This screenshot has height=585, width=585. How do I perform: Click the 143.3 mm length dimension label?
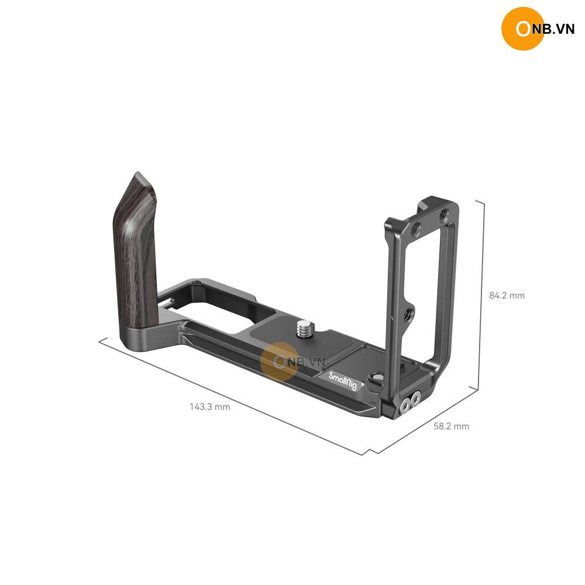click(x=209, y=407)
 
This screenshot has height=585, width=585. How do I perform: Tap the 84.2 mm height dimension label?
click(x=507, y=295)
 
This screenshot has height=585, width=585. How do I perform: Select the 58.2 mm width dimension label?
click(x=452, y=426)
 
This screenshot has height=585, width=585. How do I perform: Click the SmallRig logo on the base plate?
click(x=342, y=380)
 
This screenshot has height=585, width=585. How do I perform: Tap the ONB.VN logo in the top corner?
click(x=538, y=28)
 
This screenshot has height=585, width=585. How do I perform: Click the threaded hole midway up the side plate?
click(x=408, y=314)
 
